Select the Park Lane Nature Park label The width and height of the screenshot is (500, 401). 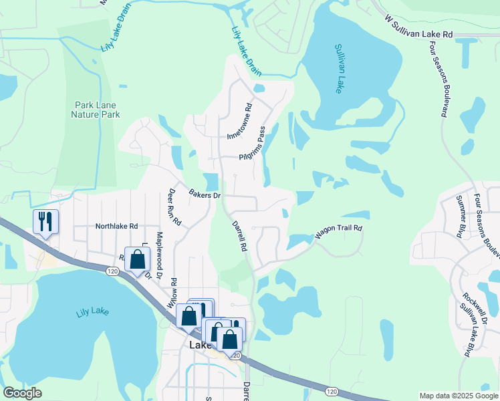tap(97, 110)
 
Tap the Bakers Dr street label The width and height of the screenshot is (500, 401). tap(204, 196)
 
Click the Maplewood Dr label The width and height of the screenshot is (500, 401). tap(159, 255)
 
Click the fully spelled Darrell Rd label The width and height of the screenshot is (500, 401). tap(239, 236)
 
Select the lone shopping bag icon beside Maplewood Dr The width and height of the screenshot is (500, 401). tap(137, 260)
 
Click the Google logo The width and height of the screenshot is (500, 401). tap(22, 393)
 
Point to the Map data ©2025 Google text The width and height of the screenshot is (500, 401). tap(458, 395)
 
